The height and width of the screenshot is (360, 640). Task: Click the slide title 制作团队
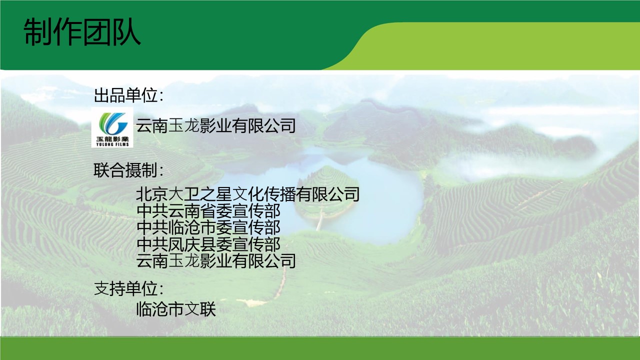coord(82,32)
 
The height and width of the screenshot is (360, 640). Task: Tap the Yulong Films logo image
coord(112,127)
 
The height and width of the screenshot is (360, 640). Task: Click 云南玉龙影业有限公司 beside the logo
coord(215,125)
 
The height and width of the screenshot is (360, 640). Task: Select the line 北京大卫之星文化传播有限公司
coord(247,194)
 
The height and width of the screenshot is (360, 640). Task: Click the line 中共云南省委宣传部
coord(208,211)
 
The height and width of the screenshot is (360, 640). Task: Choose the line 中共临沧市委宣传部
coord(208,227)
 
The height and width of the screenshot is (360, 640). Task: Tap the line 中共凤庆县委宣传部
coord(208,244)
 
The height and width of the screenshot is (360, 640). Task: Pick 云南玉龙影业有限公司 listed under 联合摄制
coord(215,261)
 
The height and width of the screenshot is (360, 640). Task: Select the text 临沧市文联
coord(176,309)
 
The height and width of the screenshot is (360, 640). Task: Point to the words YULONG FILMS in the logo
coord(112,144)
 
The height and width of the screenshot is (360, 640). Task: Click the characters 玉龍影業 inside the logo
coord(112,139)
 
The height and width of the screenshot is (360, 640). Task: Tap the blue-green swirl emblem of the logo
coord(113,123)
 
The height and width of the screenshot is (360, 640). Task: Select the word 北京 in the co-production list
coord(151,194)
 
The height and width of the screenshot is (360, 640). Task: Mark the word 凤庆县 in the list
coord(192,244)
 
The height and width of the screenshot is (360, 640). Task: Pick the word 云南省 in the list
coord(192,211)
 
